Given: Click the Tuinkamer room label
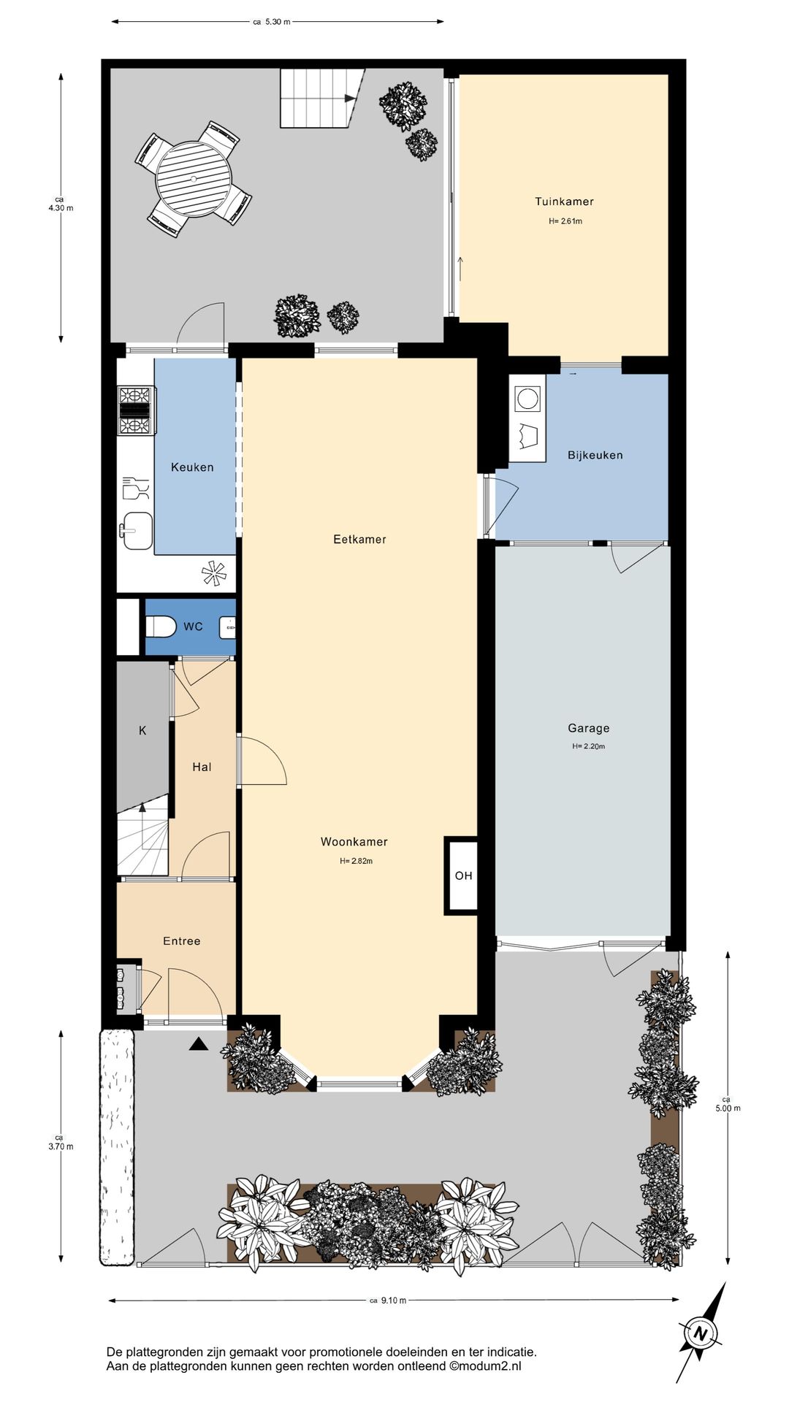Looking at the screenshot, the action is pyautogui.click(x=564, y=202).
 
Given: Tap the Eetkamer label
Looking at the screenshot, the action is pyautogui.click(x=359, y=540).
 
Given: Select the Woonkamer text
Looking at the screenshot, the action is pyautogui.click(x=354, y=842).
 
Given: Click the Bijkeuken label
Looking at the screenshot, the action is pyautogui.click(x=595, y=455).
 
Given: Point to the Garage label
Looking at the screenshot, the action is pyautogui.click(x=589, y=728).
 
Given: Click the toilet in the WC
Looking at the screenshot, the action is pyautogui.click(x=161, y=627).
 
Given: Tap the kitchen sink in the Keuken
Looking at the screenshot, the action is pyautogui.click(x=137, y=530).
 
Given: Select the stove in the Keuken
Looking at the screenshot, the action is pyautogui.click(x=136, y=410).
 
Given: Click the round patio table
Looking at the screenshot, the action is pyautogui.click(x=194, y=179).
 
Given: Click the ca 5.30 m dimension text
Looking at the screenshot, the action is pyautogui.click(x=272, y=22).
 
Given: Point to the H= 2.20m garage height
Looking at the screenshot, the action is pyautogui.click(x=589, y=746).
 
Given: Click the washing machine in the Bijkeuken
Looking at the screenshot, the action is pyautogui.click(x=527, y=398).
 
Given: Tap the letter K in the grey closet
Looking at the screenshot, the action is pyautogui.click(x=142, y=730).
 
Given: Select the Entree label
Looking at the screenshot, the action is pyautogui.click(x=182, y=941).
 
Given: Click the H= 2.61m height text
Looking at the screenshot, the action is pyautogui.click(x=565, y=221).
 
